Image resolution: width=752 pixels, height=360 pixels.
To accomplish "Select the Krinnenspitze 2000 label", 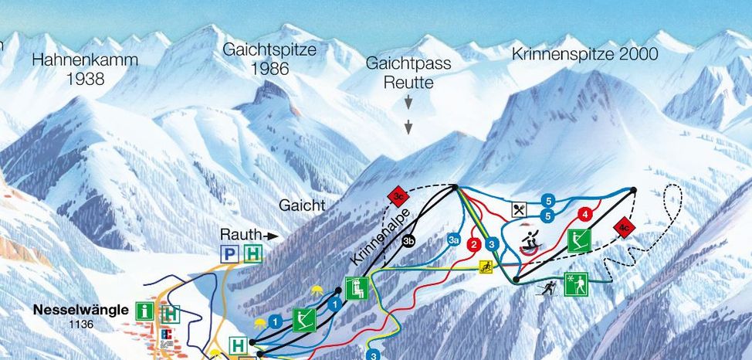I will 584,53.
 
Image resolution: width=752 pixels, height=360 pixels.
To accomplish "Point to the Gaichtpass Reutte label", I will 408,72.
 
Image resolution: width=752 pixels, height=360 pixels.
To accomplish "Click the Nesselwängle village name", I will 80,310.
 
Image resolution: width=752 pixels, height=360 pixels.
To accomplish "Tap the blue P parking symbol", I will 229,253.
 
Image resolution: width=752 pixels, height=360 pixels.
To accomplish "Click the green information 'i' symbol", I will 144,311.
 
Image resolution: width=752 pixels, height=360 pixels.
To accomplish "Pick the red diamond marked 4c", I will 623,227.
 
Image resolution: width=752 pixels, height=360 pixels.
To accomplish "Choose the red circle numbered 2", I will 473,245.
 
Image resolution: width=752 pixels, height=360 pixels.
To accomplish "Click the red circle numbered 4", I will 585,214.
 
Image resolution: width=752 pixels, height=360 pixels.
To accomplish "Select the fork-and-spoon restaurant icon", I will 520,209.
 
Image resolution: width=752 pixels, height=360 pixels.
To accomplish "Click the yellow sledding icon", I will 486,268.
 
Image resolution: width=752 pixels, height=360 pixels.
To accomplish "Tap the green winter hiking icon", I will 577,284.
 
